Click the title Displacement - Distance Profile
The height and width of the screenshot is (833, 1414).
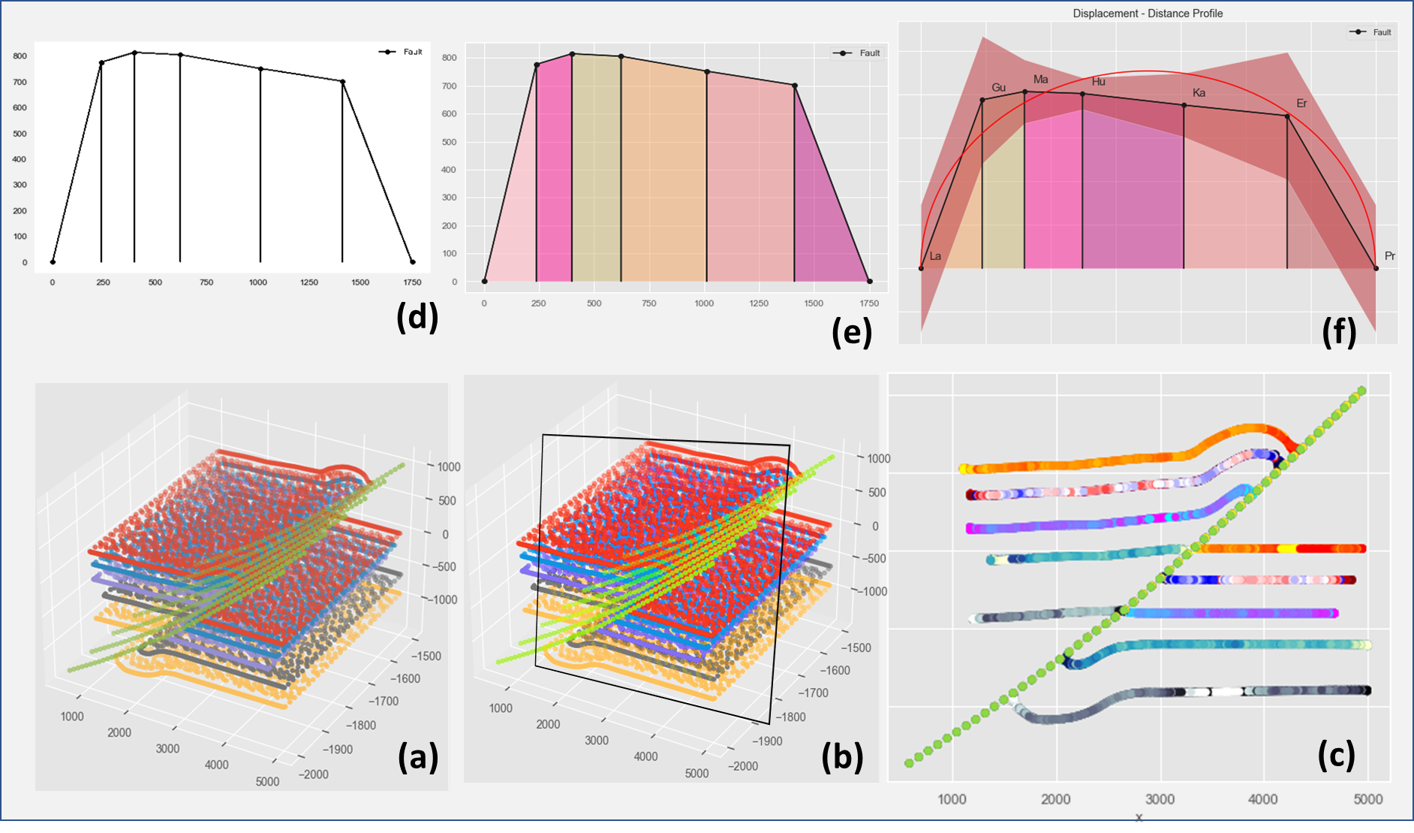click(1148, 14)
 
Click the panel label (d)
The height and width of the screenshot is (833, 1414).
click(417, 318)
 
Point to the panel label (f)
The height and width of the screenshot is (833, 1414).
click(1340, 331)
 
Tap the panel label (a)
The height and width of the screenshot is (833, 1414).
click(418, 756)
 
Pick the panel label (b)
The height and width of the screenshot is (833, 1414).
click(842, 757)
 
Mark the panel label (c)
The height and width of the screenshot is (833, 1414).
click(1336, 754)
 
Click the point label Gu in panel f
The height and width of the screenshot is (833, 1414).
click(998, 88)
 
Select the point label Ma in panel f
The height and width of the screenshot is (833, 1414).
click(1040, 80)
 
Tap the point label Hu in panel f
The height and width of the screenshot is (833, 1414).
click(1098, 82)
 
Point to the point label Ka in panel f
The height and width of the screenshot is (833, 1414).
click(1199, 93)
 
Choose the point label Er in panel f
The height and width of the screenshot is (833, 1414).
click(1301, 104)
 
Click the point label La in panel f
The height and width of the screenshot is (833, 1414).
click(935, 256)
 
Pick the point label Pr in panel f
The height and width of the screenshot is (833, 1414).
click(1390, 256)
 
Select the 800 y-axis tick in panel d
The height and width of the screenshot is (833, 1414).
click(20, 56)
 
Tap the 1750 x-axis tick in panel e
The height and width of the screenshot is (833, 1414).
click(869, 303)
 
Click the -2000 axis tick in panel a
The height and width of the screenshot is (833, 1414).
click(314, 774)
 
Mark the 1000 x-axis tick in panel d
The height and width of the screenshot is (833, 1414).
click(258, 282)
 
